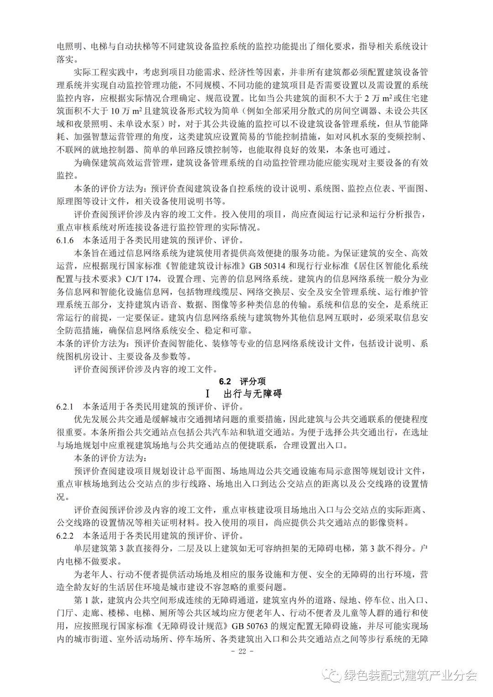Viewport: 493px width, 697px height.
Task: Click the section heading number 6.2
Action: (x=225, y=381)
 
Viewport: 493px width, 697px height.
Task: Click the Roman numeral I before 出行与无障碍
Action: (x=208, y=394)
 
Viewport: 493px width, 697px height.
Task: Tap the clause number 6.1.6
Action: (x=65, y=240)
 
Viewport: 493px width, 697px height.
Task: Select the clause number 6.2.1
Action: (x=65, y=406)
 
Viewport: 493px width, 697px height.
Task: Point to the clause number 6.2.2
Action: (x=65, y=536)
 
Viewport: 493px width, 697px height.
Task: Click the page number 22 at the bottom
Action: (x=242, y=651)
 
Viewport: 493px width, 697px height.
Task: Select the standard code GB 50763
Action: (x=250, y=626)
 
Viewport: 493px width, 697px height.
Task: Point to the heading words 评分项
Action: (x=253, y=381)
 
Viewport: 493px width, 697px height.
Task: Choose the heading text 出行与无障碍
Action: (x=253, y=394)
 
